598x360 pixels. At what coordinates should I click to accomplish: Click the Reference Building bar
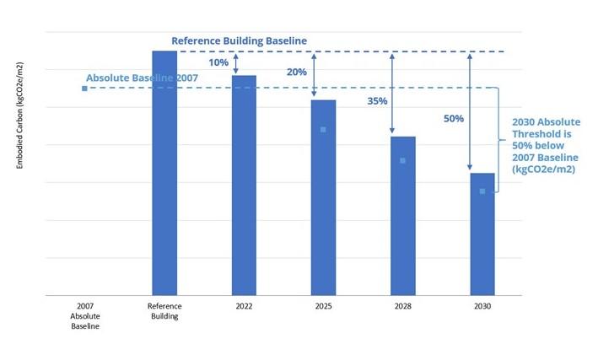(164, 173)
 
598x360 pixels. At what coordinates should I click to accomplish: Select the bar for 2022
(244, 185)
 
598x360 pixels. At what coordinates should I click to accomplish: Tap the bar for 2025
(323, 197)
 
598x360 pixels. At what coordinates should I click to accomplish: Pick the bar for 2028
(403, 216)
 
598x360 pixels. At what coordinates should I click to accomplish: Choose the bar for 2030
(482, 234)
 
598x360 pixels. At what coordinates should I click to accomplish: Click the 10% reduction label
(218, 62)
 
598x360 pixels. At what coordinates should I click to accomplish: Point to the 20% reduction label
(297, 73)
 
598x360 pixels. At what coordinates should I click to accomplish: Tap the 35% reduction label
(377, 101)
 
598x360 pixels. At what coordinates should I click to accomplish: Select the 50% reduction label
(453, 119)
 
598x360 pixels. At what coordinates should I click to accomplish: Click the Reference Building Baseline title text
(239, 40)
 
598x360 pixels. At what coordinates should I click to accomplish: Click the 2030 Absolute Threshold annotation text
(546, 146)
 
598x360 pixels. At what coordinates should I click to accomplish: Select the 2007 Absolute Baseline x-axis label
(84, 315)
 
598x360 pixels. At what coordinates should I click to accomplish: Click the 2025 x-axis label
(323, 306)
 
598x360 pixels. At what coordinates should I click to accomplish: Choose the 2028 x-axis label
(403, 306)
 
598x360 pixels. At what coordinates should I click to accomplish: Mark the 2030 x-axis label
(482, 306)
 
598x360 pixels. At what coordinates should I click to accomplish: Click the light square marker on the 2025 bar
(323, 130)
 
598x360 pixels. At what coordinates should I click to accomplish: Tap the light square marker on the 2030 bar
(482, 191)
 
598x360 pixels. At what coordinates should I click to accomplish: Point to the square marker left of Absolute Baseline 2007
(84, 88)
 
